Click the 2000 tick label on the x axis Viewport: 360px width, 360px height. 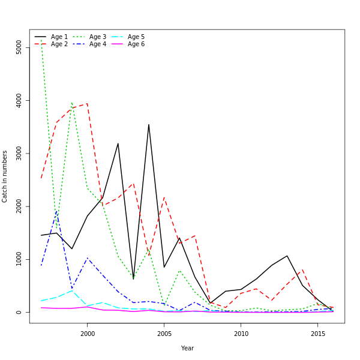[x=87, y=334]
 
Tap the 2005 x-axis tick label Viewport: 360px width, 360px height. [x=164, y=334]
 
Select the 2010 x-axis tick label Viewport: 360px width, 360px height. [x=241, y=334]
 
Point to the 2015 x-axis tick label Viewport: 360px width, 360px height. [x=318, y=334]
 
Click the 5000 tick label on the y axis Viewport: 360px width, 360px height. [x=19, y=47]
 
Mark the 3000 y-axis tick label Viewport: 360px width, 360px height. [x=19, y=154]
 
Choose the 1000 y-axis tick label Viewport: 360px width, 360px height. [x=19, y=259]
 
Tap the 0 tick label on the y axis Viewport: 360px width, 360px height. [x=19, y=312]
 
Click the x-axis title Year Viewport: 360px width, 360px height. [x=187, y=348]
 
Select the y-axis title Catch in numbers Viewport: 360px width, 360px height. [x=5, y=176]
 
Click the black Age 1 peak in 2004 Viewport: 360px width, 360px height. [x=149, y=125]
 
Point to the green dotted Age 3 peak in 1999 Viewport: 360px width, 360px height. [x=72, y=103]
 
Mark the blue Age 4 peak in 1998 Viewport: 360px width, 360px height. [x=56, y=211]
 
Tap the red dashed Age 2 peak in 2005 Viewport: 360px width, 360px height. [x=164, y=197]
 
